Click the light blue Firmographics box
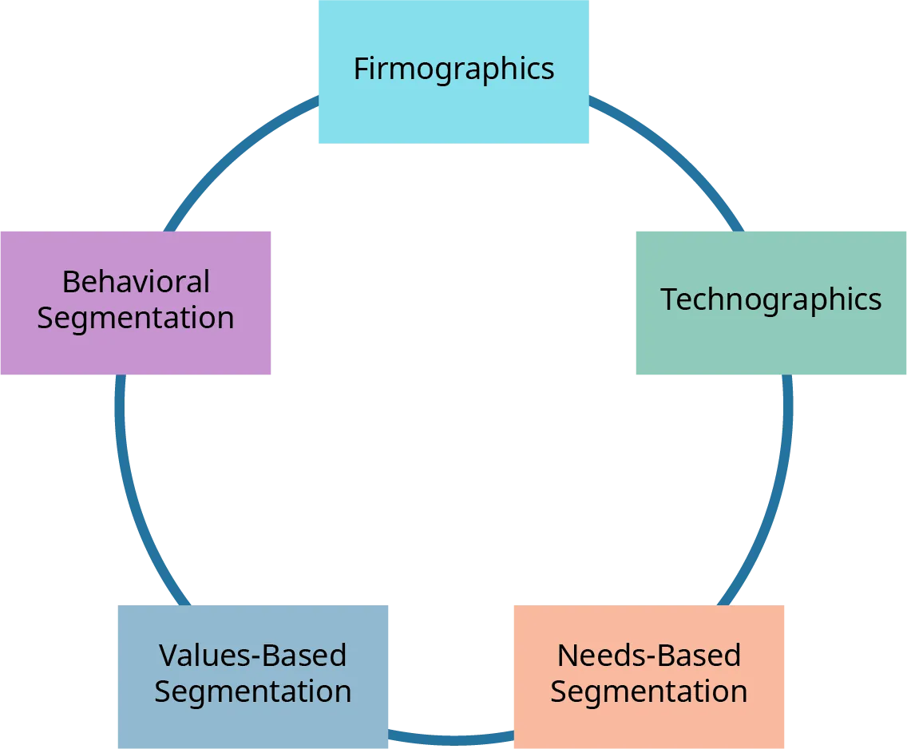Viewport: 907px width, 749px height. click(453, 112)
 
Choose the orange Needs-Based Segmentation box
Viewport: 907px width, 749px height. click(648, 723)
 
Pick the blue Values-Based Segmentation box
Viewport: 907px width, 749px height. click(252, 723)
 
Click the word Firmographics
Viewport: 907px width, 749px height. click(453, 69)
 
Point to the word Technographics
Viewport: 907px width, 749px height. click(770, 299)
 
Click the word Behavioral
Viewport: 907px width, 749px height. click(136, 282)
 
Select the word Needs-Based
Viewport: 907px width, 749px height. click(648, 656)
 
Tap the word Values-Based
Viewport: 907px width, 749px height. click(252, 656)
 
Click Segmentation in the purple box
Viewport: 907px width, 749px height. click(136, 318)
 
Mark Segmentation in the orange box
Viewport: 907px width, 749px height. click(648, 692)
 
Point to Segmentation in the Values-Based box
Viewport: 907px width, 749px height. click(252, 692)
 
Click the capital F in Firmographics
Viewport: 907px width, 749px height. click(360, 69)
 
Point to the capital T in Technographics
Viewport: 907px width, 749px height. click(669, 299)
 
